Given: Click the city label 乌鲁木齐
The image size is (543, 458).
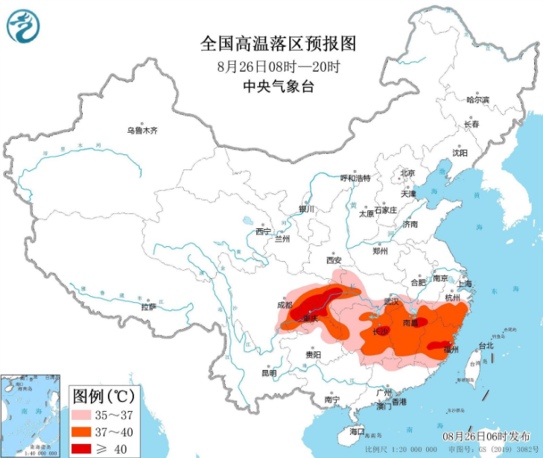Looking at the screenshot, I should click(x=142, y=131).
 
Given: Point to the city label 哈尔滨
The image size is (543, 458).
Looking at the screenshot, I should click(x=477, y=100).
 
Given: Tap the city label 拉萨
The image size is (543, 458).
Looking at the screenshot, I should click(x=149, y=307).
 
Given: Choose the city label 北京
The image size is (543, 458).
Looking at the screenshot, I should click(x=407, y=173).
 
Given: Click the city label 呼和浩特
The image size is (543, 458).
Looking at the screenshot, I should click(x=355, y=178).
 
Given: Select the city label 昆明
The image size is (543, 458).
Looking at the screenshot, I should click(x=268, y=373).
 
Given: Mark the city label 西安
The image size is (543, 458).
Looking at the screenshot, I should click(x=332, y=260).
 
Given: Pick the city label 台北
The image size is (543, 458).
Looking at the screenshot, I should click(x=486, y=346).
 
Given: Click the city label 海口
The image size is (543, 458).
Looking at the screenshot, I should click(x=358, y=432).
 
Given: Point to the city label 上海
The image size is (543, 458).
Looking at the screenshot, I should click(x=464, y=283).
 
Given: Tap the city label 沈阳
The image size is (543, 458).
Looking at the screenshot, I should click(x=460, y=153).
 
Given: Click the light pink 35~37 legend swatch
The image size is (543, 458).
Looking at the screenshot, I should click(x=87, y=414).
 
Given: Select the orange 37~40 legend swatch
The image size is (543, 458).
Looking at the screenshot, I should click(x=87, y=431).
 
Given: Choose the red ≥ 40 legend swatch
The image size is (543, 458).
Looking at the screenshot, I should click(x=87, y=448).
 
